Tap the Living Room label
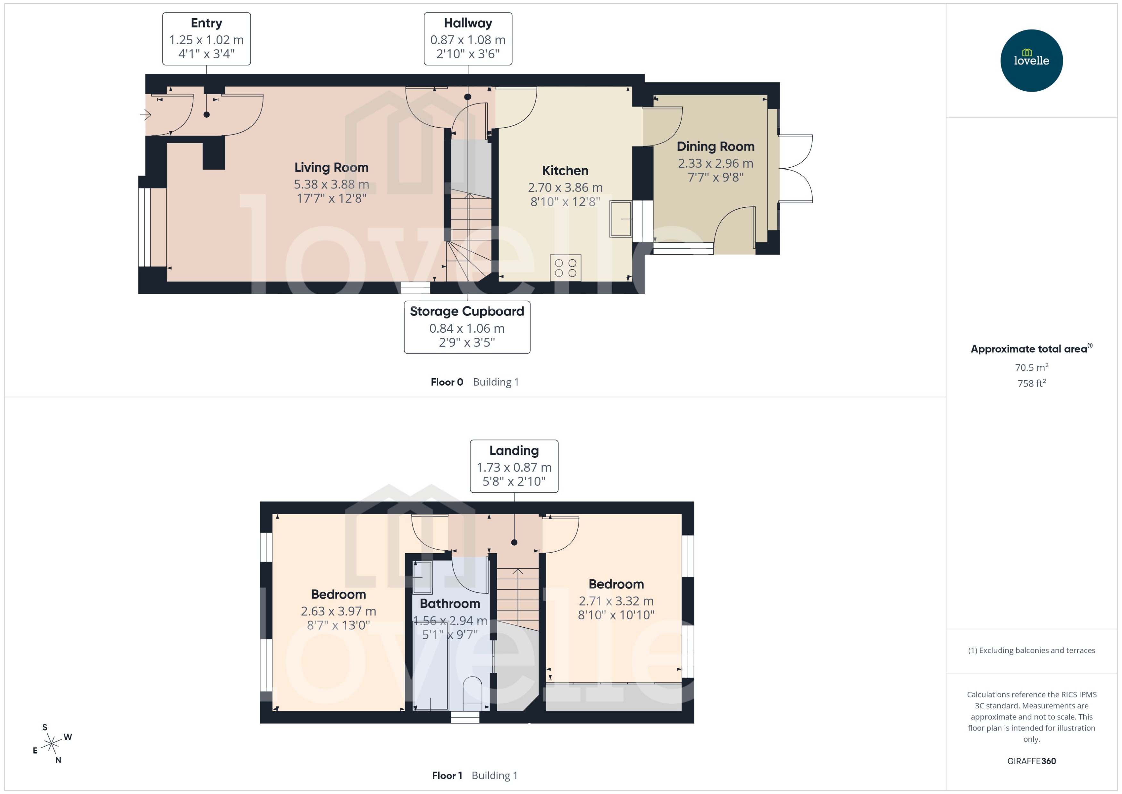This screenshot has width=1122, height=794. tap(331, 168)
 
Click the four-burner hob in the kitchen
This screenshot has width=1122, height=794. tap(565, 268)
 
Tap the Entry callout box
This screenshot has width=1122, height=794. tap(206, 38)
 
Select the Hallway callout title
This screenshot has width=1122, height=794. tap(467, 23)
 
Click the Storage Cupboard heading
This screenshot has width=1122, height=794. tap(466, 312)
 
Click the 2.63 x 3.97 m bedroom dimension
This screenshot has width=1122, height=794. tap(338, 612)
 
